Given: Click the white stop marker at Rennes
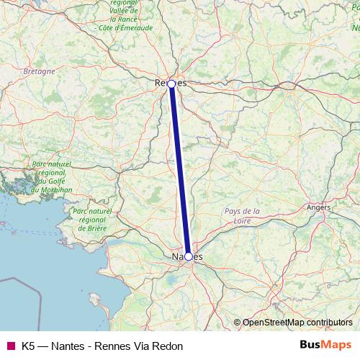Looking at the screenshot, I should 171,84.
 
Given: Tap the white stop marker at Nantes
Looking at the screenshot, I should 189,256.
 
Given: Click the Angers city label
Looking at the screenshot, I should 318,207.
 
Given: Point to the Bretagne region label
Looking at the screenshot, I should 39,72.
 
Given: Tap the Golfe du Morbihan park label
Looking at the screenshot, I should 51,177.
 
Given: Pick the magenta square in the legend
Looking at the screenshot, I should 10,346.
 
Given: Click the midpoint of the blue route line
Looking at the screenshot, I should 180,170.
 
